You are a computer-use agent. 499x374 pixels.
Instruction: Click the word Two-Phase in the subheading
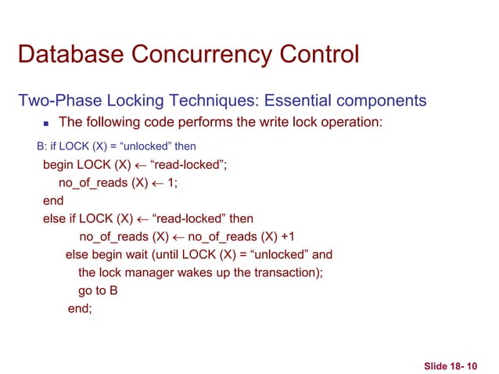[56, 101]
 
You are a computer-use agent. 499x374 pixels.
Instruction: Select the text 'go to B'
[98, 290]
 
